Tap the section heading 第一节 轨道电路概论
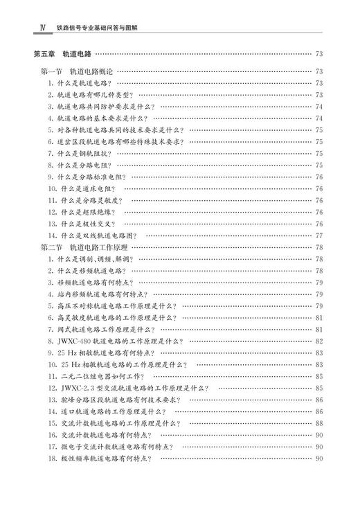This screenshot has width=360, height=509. (77, 71)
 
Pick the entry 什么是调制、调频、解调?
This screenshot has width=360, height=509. (93, 259)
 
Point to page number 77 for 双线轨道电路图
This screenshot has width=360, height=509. (319, 235)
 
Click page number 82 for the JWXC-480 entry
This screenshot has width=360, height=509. (319, 341)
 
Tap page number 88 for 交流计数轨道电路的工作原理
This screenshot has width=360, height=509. (319, 423)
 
